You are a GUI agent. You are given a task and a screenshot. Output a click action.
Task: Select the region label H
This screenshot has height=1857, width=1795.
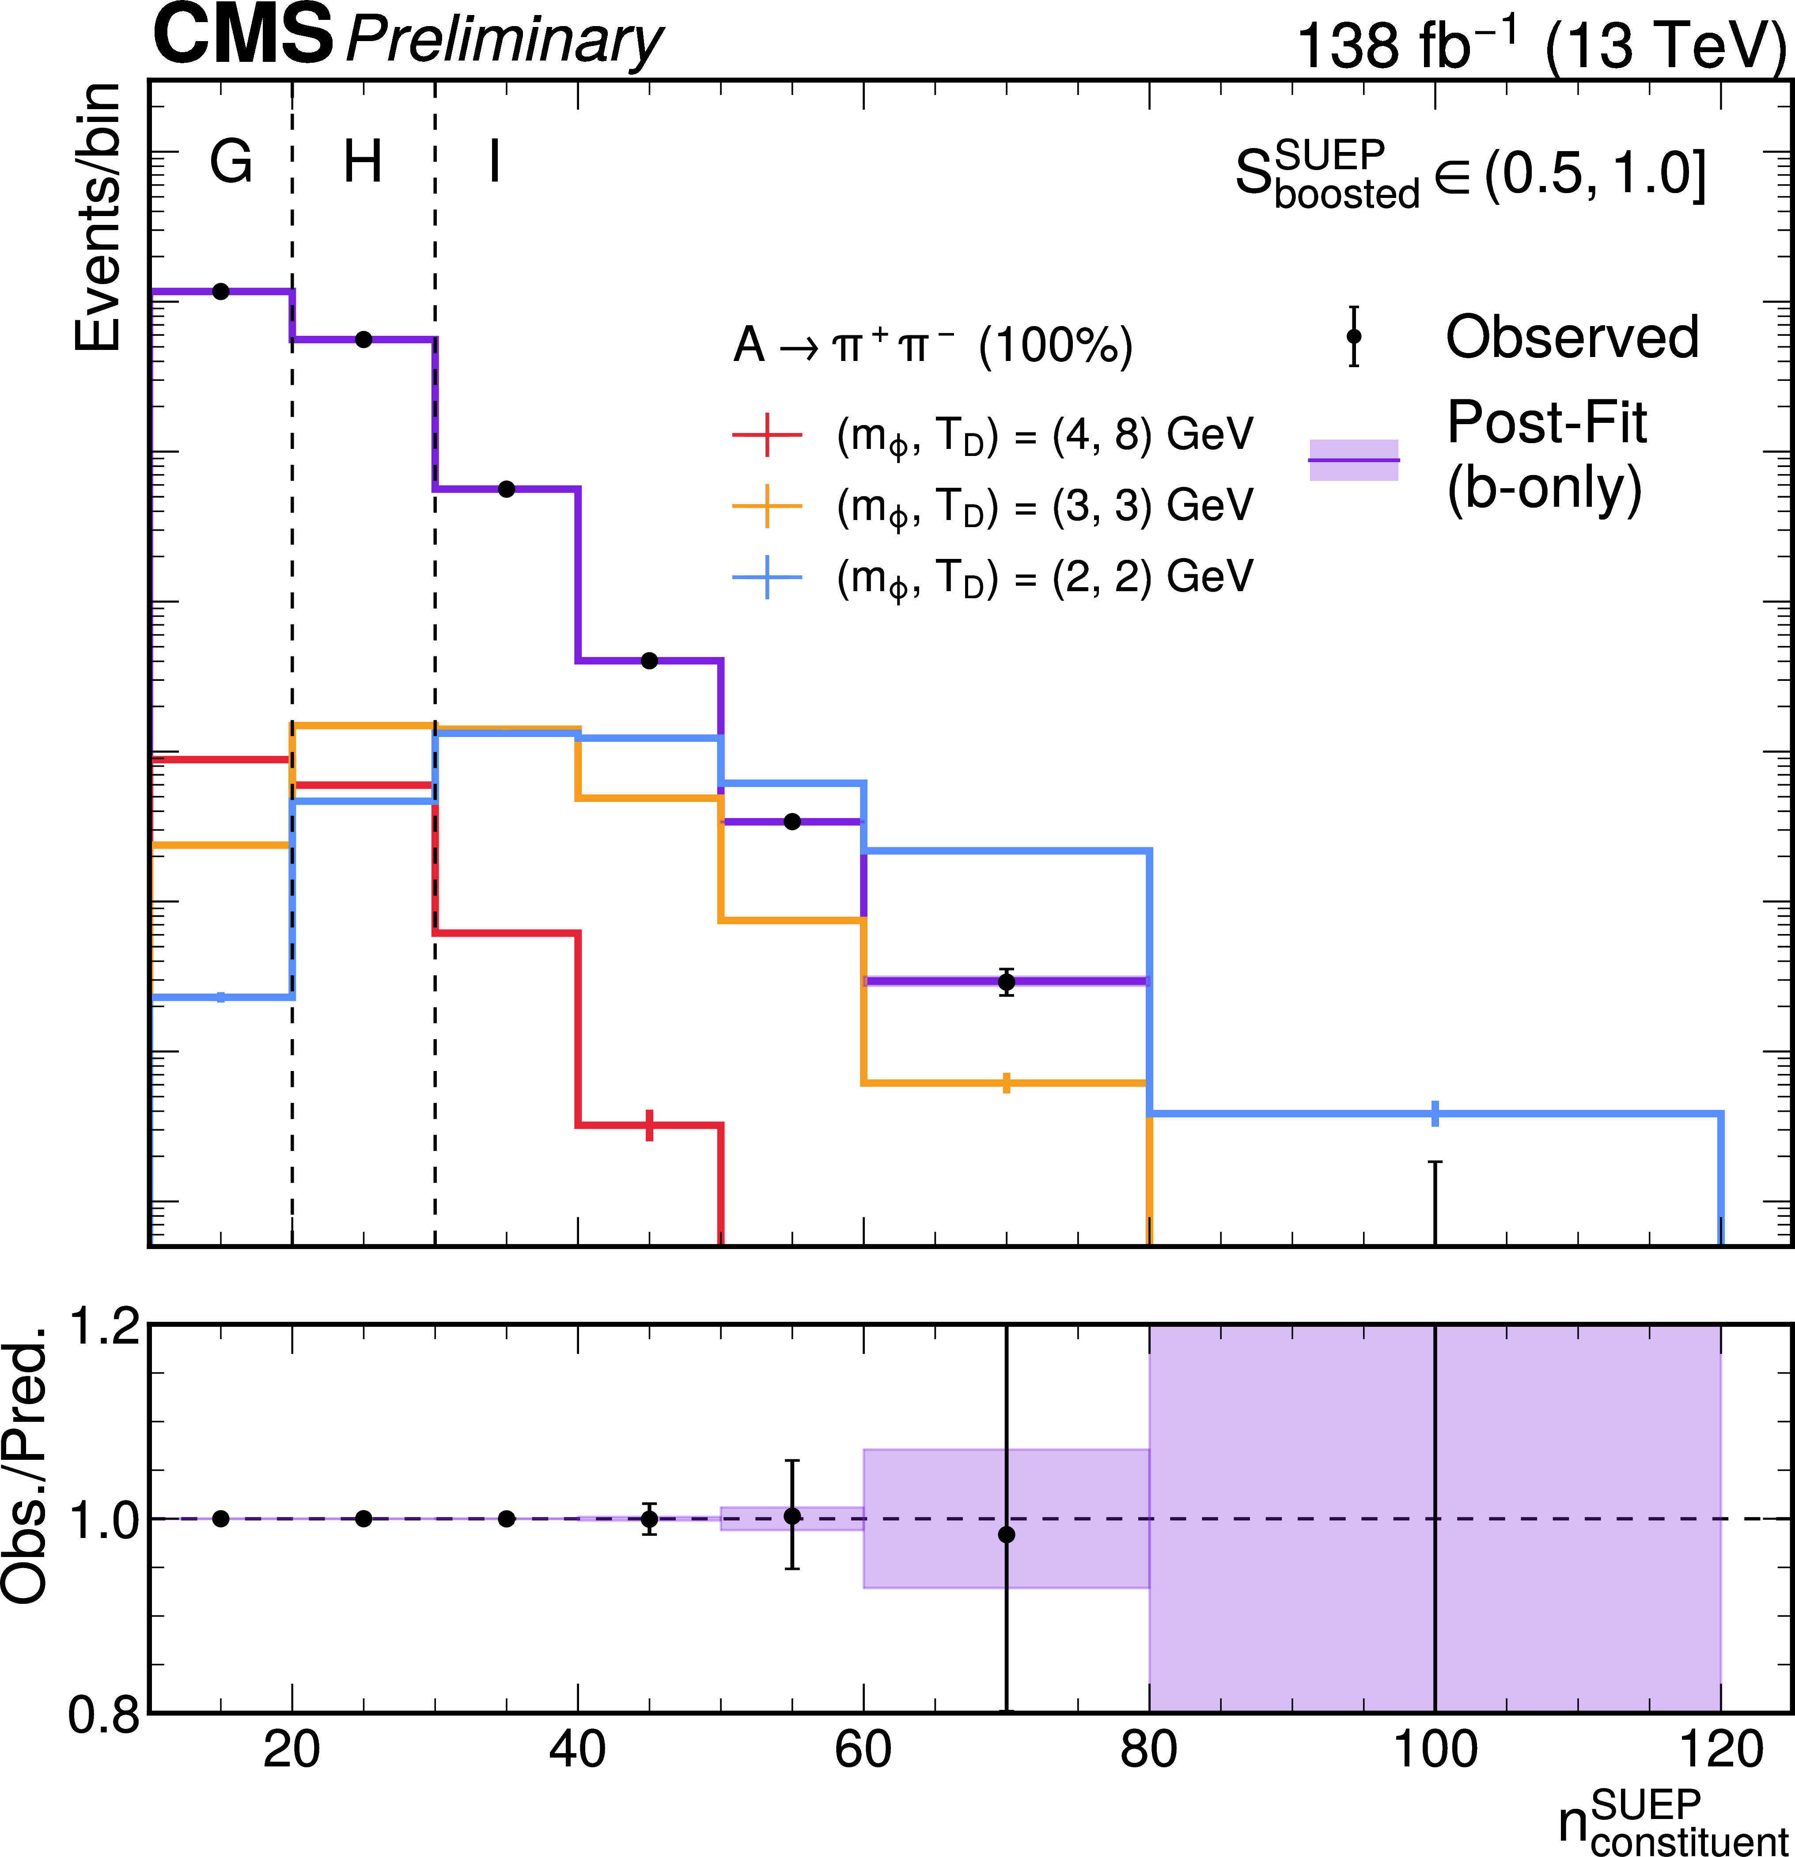pyautogui.click(x=363, y=162)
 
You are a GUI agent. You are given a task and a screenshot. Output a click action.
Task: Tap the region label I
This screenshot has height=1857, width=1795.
pyautogui.click(x=494, y=162)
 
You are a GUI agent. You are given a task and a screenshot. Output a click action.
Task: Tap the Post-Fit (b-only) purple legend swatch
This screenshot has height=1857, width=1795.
pyautogui.click(x=1354, y=460)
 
